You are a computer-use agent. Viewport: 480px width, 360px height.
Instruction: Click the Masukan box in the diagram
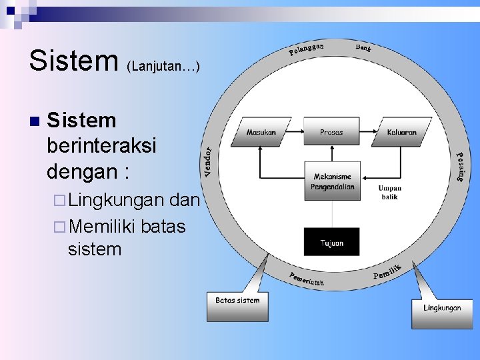261,131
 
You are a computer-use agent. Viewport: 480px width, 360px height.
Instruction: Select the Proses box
331,131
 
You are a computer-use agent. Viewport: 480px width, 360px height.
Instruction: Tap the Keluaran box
402,131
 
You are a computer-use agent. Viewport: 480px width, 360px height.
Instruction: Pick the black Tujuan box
331,242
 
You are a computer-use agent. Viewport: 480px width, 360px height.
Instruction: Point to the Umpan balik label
389,192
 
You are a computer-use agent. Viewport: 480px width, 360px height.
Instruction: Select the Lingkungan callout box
442,311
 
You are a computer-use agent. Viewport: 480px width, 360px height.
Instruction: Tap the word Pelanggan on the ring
306,49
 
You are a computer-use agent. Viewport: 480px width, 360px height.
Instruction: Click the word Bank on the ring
363,47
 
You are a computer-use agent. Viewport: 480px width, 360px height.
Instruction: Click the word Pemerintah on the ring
306,280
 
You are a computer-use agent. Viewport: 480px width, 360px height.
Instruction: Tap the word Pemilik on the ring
387,272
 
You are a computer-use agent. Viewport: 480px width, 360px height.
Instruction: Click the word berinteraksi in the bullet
101,146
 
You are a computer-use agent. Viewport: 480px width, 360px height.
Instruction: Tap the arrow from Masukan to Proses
295,131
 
